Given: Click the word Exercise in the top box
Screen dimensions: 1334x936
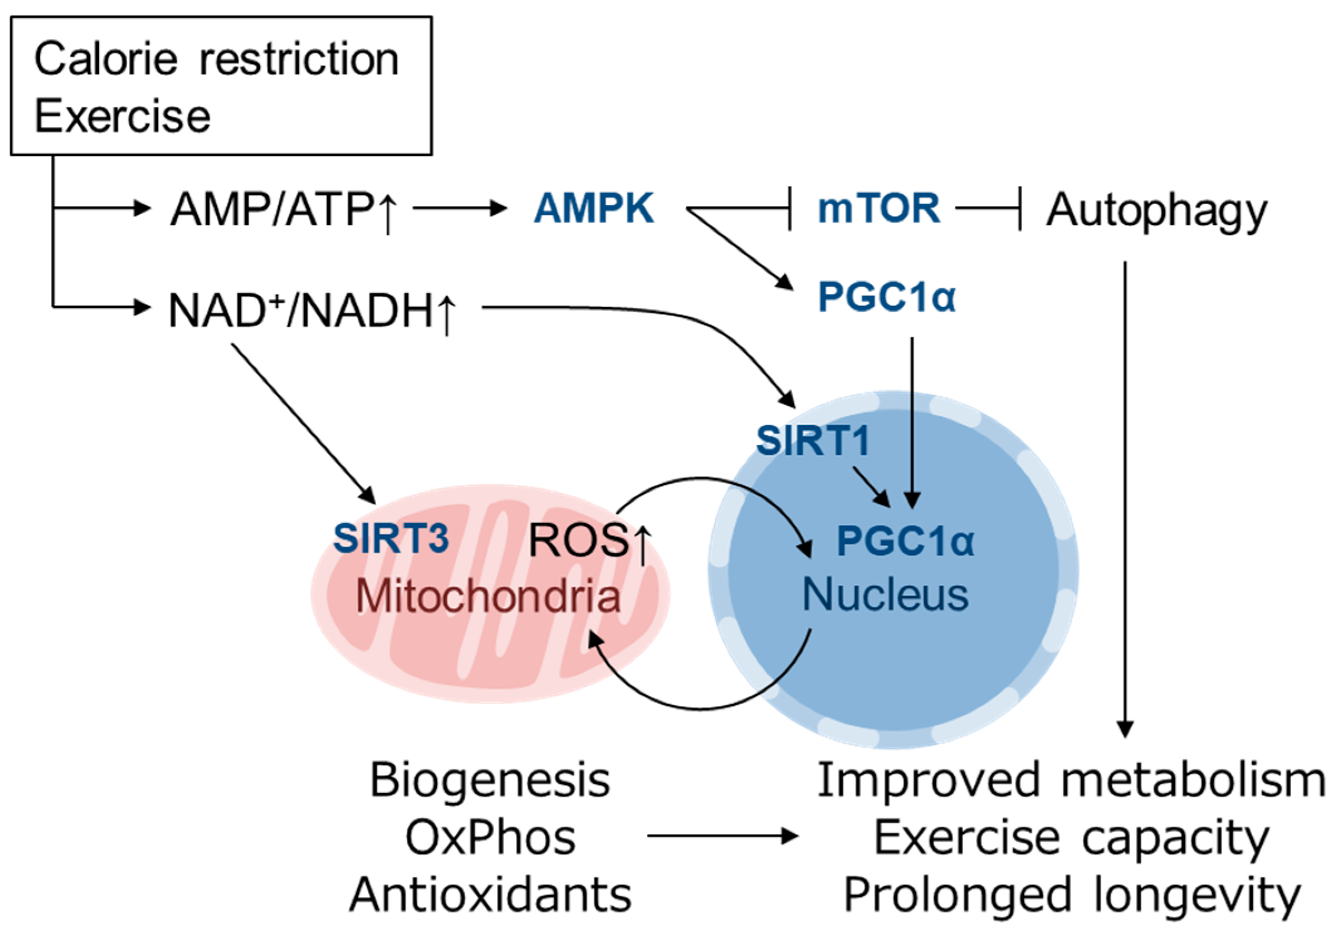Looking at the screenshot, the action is [123, 116].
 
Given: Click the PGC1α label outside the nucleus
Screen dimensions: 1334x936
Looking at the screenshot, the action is [887, 297].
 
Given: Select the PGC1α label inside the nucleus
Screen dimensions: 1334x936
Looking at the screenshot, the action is [905, 541].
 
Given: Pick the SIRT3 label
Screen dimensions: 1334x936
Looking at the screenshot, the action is [391, 538].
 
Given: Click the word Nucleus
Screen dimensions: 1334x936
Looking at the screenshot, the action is [885, 594].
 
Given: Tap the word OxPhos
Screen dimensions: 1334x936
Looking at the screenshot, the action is [490, 838].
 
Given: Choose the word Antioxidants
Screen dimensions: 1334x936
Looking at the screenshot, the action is [490, 895].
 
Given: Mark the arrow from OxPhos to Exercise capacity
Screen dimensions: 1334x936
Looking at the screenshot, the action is [723, 836].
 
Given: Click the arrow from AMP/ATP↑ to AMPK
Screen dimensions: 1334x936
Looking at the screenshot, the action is [460, 208].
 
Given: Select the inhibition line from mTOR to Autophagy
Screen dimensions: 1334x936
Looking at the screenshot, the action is [988, 208].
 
